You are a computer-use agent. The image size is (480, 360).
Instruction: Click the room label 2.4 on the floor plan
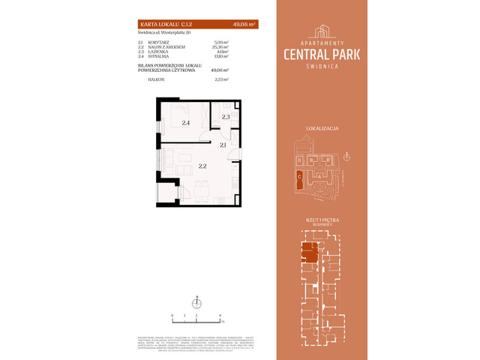[184, 121]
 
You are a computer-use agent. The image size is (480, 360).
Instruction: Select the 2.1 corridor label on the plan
[223, 145]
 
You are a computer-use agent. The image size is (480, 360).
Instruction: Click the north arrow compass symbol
[197, 302]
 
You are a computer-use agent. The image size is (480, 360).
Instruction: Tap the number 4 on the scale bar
[220, 316]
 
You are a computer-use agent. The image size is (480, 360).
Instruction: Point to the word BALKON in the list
[157, 78]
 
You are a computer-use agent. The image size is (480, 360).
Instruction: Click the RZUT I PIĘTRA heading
[325, 218]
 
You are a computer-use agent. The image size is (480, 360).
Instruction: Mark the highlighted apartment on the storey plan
[308, 253]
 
